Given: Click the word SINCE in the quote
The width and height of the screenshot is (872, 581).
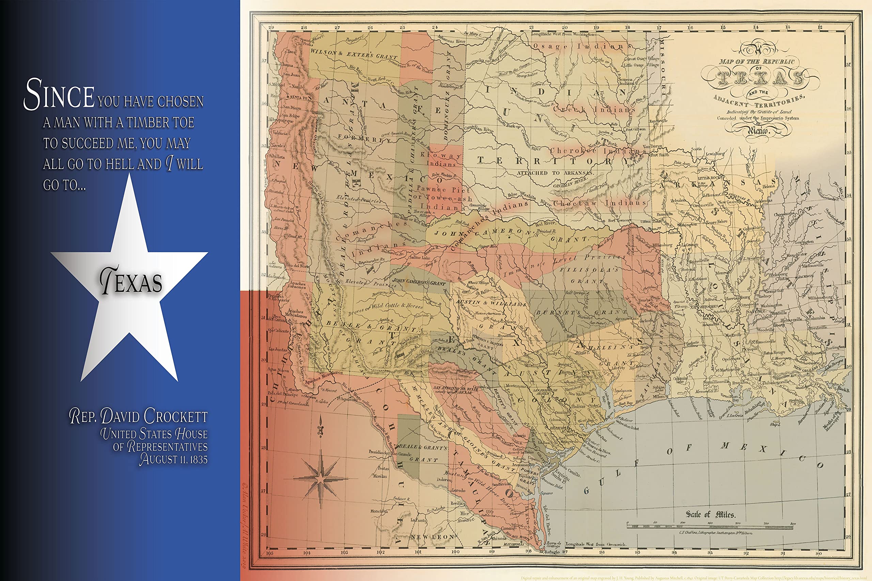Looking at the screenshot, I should tap(59, 94).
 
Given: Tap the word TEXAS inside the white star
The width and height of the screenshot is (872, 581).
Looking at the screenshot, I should tap(131, 282).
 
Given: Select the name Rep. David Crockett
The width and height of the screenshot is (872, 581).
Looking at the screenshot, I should tap(138, 416).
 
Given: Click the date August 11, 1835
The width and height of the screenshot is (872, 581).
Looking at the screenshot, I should tap(173, 459).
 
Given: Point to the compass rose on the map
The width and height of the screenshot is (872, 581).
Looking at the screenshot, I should tap(321, 478).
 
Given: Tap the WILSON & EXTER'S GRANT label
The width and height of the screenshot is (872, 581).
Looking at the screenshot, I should tap(354, 54).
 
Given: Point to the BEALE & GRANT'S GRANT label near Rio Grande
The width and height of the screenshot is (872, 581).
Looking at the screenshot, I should tap(423, 453).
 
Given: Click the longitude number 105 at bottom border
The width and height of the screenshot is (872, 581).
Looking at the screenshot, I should tap(269, 553).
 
